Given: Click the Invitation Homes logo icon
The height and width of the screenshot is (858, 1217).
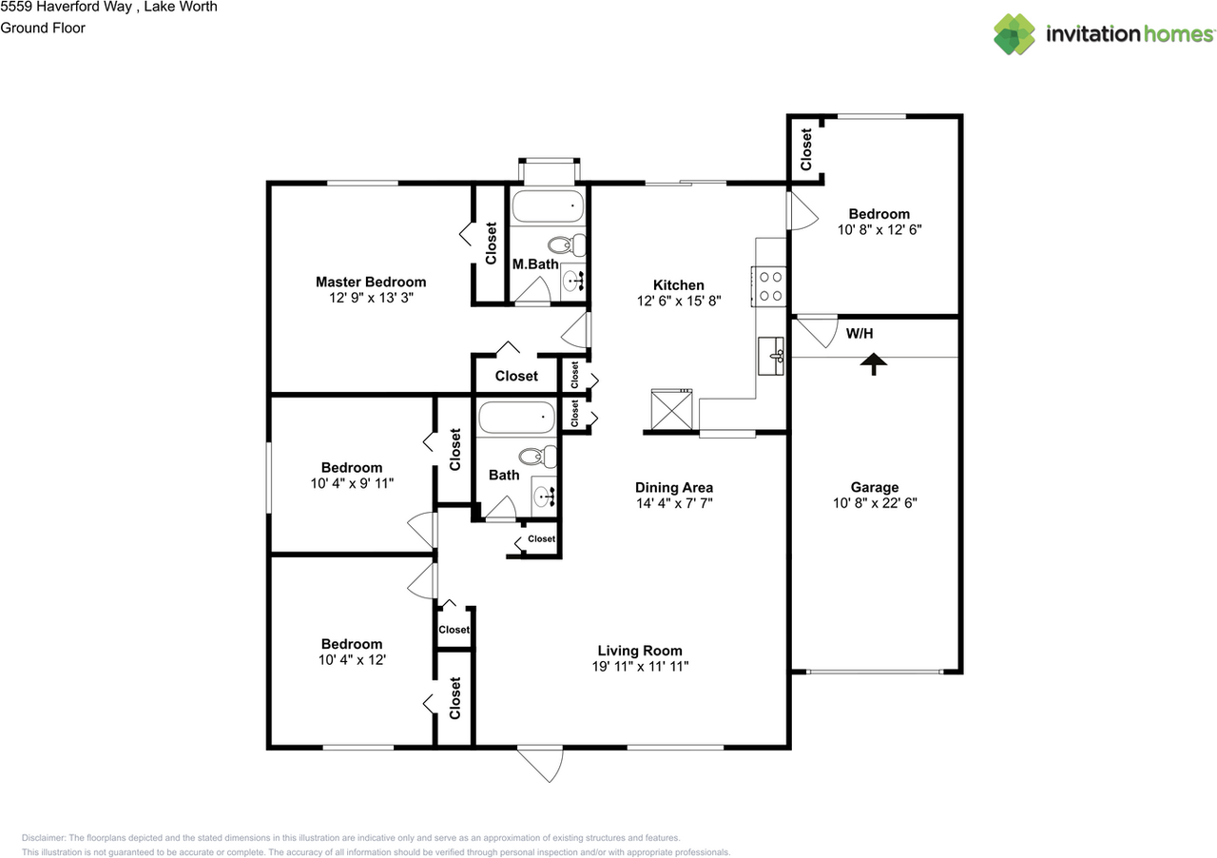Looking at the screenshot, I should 1014,34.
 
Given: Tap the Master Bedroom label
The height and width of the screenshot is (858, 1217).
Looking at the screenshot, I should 371,282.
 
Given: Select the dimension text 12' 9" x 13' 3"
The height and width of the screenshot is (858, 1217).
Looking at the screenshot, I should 371,298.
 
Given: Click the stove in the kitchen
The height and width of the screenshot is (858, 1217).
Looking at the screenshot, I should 771,286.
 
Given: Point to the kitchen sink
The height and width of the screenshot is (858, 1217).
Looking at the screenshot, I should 771,356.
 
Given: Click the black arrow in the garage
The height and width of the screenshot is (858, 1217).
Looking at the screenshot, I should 873,363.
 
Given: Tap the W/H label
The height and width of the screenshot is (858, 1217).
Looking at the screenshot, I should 860,335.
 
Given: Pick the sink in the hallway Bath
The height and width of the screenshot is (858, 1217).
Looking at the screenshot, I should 545,495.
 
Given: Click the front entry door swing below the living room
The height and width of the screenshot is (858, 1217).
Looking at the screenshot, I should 542,763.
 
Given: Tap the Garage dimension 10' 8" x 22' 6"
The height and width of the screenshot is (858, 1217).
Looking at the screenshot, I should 874,503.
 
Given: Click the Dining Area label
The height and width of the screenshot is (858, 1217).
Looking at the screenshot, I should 674,487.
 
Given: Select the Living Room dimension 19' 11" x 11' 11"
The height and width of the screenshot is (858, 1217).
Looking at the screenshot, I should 639,667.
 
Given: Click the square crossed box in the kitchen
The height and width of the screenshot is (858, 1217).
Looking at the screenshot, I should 670,410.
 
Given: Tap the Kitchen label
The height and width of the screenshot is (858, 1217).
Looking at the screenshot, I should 678,284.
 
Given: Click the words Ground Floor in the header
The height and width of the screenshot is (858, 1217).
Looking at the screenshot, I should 43,28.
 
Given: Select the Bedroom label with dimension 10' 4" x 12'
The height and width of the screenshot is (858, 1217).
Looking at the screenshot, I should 351,644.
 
